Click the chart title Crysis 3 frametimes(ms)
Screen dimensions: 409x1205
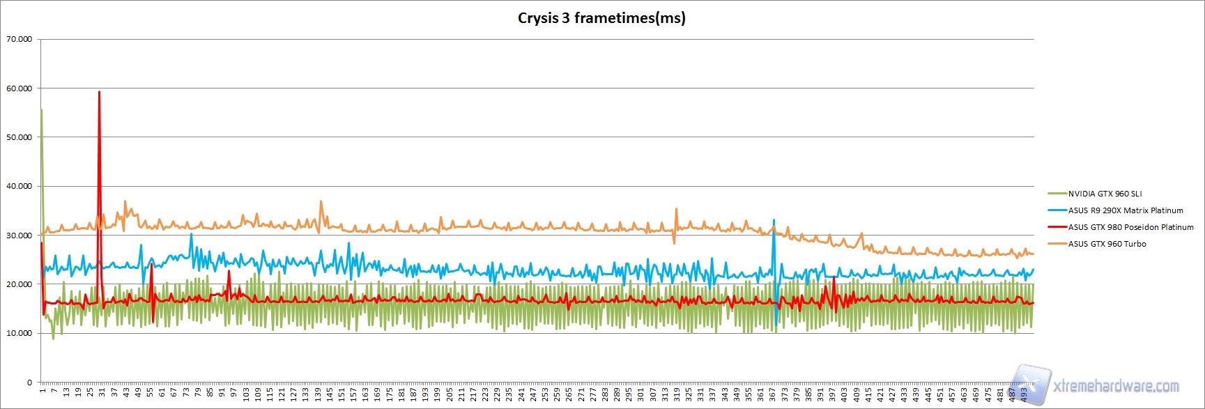pyautogui.click(x=601, y=18)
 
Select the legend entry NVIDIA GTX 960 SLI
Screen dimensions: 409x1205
pyautogui.click(x=1105, y=194)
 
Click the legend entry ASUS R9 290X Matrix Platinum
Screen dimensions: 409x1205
pyautogui.click(x=1126, y=210)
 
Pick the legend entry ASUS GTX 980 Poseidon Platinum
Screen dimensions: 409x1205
pyautogui.click(x=1130, y=227)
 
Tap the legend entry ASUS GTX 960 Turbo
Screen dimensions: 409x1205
pyautogui.click(x=1107, y=244)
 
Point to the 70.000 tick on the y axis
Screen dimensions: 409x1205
pyautogui.click(x=19, y=39)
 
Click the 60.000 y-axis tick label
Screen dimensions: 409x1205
pyautogui.click(x=19, y=88)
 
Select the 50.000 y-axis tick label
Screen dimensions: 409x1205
pyautogui.click(x=19, y=137)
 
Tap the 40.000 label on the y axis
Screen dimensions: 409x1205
pyautogui.click(x=19, y=186)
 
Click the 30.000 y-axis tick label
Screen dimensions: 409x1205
pyautogui.click(x=19, y=236)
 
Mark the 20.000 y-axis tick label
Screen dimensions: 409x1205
pyautogui.click(x=19, y=284)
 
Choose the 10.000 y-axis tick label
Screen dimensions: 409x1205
pyautogui.click(x=19, y=333)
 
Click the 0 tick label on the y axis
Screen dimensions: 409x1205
pyautogui.click(x=29, y=383)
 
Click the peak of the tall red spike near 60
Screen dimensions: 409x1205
pyautogui.click(x=99, y=92)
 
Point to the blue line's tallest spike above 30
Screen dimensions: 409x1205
pyautogui.click(x=774, y=220)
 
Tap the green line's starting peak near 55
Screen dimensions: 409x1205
pyautogui.click(x=42, y=109)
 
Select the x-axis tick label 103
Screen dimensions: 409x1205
pyautogui.click(x=246, y=394)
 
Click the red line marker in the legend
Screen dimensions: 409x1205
pyautogui.click(x=1057, y=227)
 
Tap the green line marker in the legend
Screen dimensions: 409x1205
pyautogui.click(x=1057, y=194)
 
